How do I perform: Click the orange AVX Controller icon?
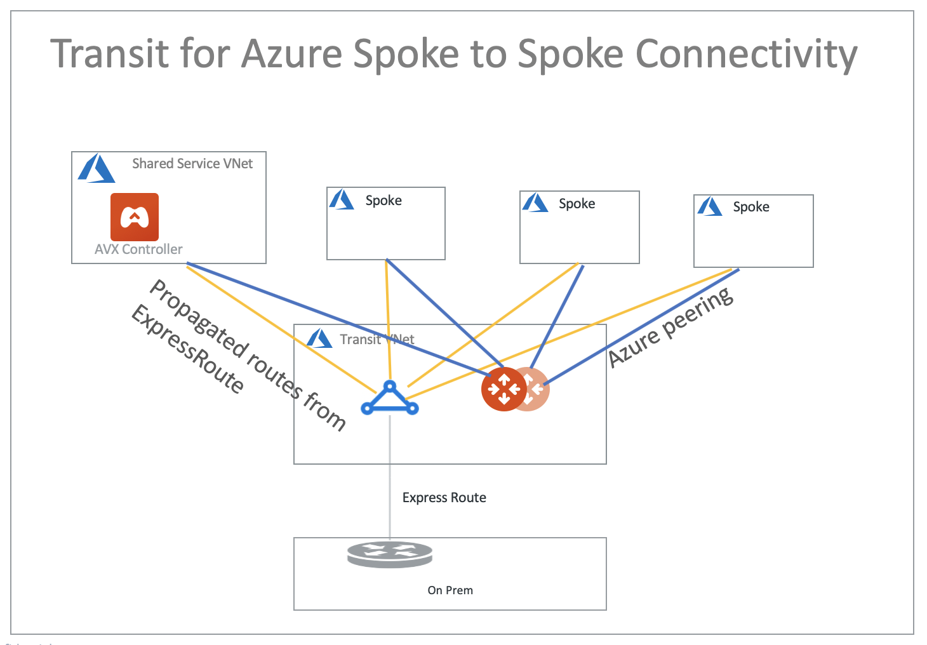click(x=135, y=217)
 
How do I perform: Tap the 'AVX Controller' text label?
click(x=138, y=249)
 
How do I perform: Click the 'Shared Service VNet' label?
click(x=192, y=164)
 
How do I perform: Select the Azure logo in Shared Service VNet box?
click(x=96, y=169)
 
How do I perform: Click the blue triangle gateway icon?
click(x=390, y=399)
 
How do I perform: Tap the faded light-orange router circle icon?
click(x=537, y=389)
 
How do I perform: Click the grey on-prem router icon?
click(x=390, y=554)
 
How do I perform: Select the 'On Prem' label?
click(x=450, y=590)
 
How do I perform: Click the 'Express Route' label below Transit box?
click(x=444, y=498)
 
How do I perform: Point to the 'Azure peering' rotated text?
click(x=670, y=328)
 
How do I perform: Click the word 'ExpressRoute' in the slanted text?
click(x=187, y=349)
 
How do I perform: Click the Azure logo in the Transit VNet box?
click(x=319, y=339)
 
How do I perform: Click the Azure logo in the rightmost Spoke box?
click(x=709, y=207)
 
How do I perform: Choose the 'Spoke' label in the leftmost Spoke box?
click(x=383, y=201)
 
